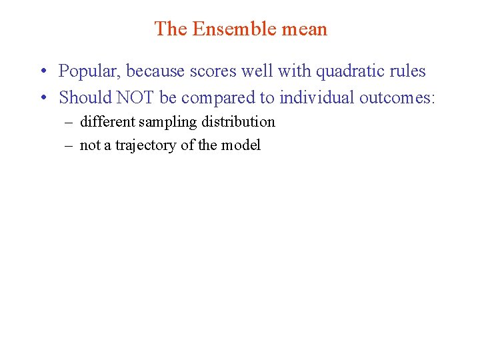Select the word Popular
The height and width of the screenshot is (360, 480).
click(89, 71)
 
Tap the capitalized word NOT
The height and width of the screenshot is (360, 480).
click(137, 98)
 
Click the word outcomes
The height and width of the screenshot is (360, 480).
click(397, 98)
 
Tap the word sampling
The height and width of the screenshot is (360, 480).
click(165, 122)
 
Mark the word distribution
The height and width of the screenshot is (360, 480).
click(238, 122)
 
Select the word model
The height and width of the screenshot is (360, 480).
click(243, 145)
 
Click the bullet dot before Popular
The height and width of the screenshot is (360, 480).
click(42, 71)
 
